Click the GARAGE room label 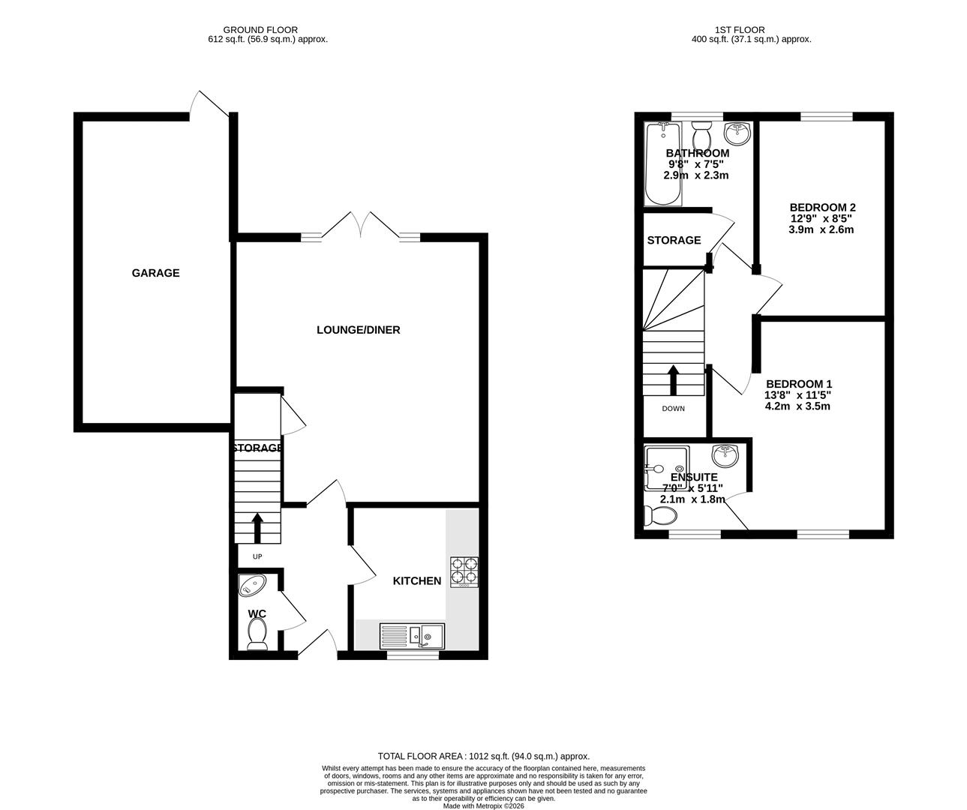click(x=155, y=273)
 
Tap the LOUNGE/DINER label click(x=358, y=330)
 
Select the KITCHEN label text click(x=417, y=580)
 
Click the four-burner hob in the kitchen click(x=464, y=572)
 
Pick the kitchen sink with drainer click(x=412, y=636)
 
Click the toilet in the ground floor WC click(x=257, y=633)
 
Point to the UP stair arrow click(x=257, y=527)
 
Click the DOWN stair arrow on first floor click(x=673, y=379)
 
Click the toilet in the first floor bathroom click(x=703, y=136)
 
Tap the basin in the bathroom click(x=737, y=134)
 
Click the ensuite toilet click(x=659, y=515)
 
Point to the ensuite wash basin click(x=725, y=454)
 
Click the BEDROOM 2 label click(x=822, y=208)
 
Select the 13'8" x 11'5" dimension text click(x=797, y=395)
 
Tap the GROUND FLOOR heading click(x=268, y=30)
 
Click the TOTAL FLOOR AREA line click(x=483, y=757)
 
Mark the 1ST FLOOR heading click(x=750, y=30)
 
